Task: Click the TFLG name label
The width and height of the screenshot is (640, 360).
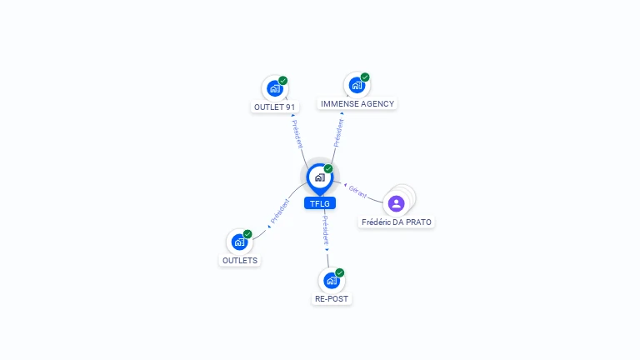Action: click(320, 203)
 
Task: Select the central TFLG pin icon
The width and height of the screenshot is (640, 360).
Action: click(320, 178)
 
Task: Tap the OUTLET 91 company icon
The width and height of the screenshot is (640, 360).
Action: click(275, 88)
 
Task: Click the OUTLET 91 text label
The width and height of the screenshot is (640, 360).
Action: click(274, 107)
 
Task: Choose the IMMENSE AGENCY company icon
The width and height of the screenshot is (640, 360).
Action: click(357, 85)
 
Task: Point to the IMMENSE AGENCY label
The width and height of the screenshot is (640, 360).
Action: click(357, 103)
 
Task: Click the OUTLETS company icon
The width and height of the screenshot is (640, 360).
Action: click(239, 242)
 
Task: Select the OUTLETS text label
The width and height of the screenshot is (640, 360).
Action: click(240, 260)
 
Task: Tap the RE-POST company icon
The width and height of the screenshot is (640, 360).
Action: click(332, 280)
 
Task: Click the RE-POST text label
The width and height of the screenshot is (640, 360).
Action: click(332, 299)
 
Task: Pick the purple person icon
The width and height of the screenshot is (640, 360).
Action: click(396, 203)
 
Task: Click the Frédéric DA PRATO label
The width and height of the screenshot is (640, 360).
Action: click(397, 222)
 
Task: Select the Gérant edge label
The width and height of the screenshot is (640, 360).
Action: click(357, 192)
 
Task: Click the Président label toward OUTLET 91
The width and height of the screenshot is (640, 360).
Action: click(297, 134)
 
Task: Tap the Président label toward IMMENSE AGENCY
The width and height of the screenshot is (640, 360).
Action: click(338, 132)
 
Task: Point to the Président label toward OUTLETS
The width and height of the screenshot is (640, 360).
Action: click(280, 211)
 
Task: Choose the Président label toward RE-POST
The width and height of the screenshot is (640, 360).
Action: click(325, 230)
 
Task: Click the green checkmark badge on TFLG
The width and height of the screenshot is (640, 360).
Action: click(328, 168)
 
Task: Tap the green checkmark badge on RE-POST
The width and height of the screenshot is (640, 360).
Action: click(340, 272)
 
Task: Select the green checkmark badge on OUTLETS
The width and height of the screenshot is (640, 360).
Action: click(247, 234)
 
